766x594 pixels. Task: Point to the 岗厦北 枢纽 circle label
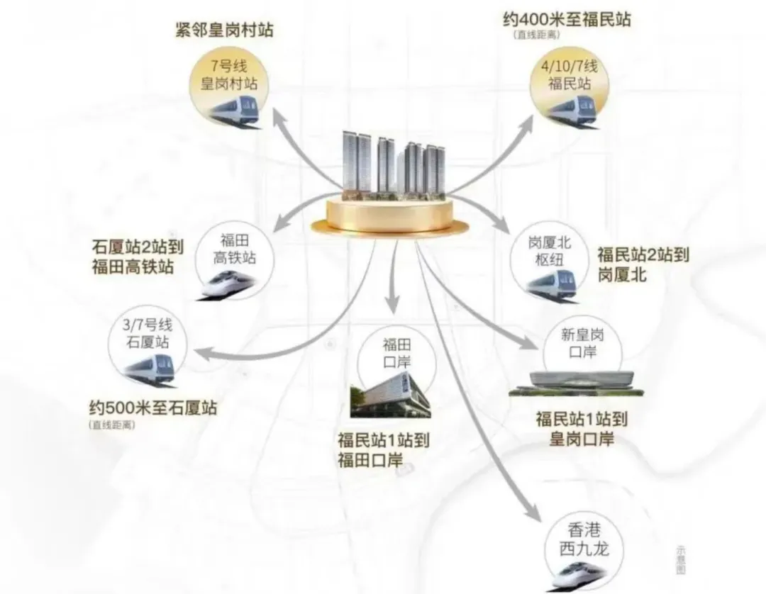tap(550, 249)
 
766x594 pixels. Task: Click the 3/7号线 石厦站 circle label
tap(150, 338)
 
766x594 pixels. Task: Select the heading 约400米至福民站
tap(567, 19)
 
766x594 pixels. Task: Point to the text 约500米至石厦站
tap(153, 408)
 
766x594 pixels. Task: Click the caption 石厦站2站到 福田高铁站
tap(138, 258)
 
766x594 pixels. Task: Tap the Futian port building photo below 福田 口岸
tap(389, 398)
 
